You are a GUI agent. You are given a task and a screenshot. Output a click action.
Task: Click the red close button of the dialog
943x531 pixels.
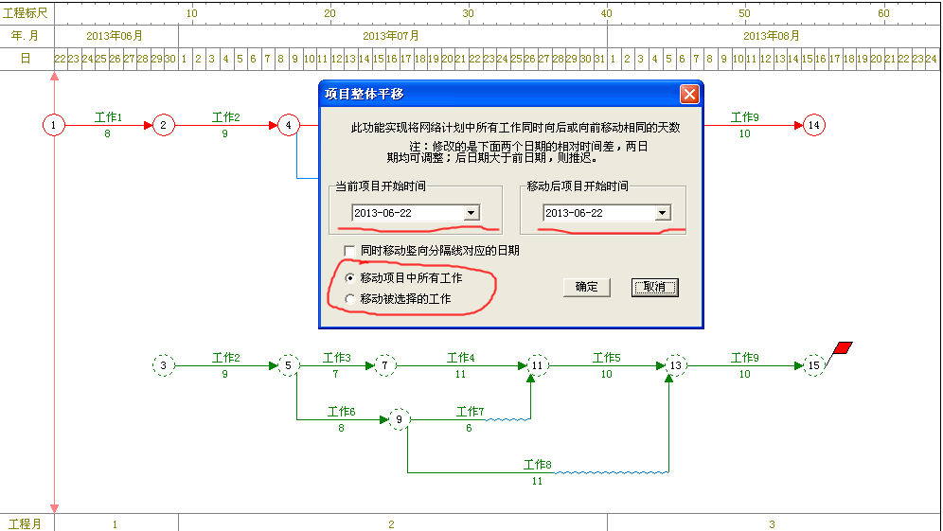pyautogui.click(x=689, y=95)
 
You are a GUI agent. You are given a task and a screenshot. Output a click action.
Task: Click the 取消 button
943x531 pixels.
pyautogui.click(x=655, y=288)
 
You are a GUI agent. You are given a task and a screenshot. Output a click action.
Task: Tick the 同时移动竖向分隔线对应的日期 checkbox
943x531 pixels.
pyautogui.click(x=348, y=250)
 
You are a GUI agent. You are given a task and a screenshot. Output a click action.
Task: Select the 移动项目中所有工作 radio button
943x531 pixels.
pyautogui.click(x=349, y=278)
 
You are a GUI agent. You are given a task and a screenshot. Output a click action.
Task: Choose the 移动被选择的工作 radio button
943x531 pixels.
pyautogui.click(x=349, y=299)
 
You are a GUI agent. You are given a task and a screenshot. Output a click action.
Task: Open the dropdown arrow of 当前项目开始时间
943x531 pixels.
pyautogui.click(x=471, y=213)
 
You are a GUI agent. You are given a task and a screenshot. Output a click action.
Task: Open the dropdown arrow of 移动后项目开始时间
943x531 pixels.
pyautogui.click(x=662, y=213)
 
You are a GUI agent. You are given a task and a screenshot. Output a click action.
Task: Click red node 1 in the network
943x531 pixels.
pyautogui.click(x=54, y=125)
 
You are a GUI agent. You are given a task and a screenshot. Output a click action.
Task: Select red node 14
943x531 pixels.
pyautogui.click(x=813, y=125)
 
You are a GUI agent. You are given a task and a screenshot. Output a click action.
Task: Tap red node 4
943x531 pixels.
pyautogui.click(x=289, y=125)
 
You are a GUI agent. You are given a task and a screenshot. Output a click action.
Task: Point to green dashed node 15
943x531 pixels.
pyautogui.click(x=813, y=365)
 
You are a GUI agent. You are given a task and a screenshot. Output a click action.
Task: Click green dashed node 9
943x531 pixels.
pyautogui.click(x=399, y=419)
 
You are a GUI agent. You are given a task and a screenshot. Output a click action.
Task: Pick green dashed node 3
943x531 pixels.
pyautogui.click(x=163, y=365)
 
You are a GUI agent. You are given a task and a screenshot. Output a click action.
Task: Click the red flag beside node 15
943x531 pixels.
pyautogui.click(x=844, y=347)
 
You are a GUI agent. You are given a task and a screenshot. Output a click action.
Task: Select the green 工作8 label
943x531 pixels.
pyautogui.click(x=537, y=464)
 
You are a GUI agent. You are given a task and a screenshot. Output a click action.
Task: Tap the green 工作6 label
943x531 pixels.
pyautogui.click(x=341, y=412)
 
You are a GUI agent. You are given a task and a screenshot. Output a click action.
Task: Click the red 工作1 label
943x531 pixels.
pyautogui.click(x=108, y=117)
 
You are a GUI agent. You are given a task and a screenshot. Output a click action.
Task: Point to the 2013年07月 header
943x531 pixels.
pyautogui.click(x=391, y=36)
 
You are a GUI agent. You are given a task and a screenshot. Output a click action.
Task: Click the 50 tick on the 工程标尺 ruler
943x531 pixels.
pyautogui.click(x=744, y=13)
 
